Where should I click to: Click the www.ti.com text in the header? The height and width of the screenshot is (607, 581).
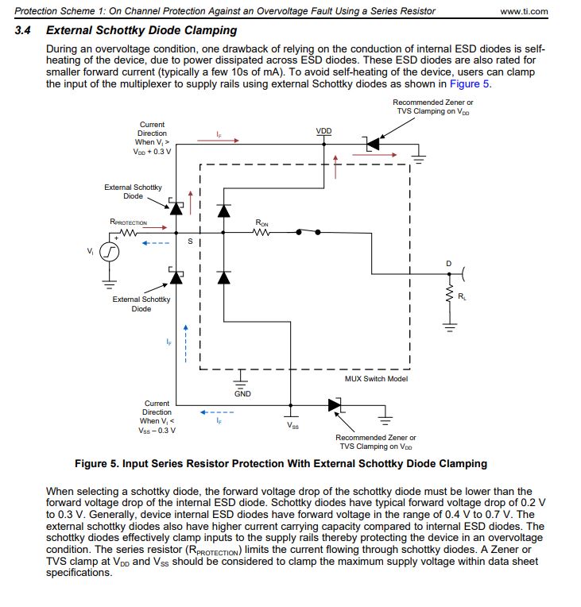[525, 11]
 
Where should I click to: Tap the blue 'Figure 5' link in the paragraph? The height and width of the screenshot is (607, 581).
[469, 83]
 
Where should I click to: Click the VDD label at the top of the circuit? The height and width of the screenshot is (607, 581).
[323, 131]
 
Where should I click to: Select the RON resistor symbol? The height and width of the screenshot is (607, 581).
[261, 233]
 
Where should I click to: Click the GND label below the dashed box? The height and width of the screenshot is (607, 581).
[242, 394]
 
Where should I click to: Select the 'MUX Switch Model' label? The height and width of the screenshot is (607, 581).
[376, 379]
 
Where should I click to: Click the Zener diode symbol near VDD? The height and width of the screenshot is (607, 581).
[371, 144]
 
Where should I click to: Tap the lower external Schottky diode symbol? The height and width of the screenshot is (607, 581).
[176, 276]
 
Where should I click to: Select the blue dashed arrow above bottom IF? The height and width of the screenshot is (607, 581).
[216, 412]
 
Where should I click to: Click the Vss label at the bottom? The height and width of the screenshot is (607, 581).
[292, 425]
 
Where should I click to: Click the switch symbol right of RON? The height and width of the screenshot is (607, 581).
[308, 232]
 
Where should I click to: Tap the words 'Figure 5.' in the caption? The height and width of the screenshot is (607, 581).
[96, 463]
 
